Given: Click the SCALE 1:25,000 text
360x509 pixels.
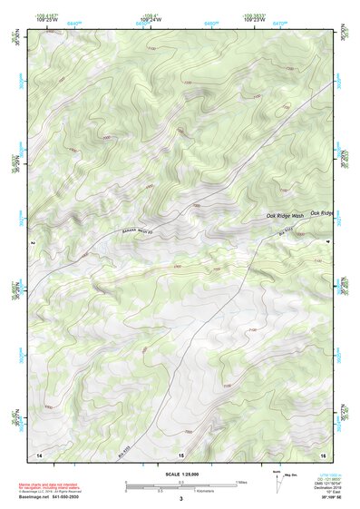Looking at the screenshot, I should tap(180, 475).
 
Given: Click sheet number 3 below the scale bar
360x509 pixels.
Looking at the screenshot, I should tap(180, 499).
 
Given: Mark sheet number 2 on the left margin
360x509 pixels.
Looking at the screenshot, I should tap(32, 243).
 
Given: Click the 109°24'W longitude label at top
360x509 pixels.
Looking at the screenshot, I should tap(151, 18).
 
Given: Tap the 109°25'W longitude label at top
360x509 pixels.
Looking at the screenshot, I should tap(46, 18).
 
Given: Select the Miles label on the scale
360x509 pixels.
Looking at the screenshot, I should tap(242, 482).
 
